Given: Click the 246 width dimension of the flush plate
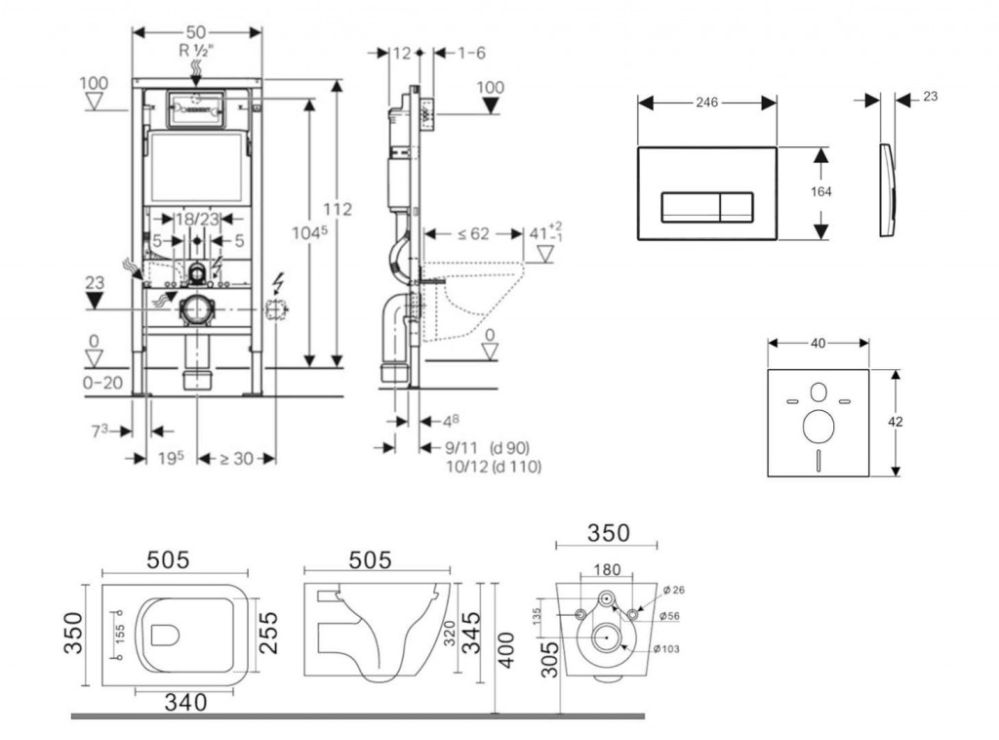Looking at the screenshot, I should click(707, 103).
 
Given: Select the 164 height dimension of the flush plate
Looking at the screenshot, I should click(820, 192).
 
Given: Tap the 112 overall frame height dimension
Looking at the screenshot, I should click(337, 209).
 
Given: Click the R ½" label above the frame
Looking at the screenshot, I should click(197, 50).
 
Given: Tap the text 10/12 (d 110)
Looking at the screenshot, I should click(493, 467).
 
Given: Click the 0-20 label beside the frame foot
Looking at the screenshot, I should click(102, 383).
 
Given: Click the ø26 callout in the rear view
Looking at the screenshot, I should click(673, 590).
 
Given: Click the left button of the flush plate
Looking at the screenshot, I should click(690, 207).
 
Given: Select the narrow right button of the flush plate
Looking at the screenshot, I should click(737, 207).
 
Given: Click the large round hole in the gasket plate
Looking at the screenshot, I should click(818, 427).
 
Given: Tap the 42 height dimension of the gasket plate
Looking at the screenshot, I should click(896, 422).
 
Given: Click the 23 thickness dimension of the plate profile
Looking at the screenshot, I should click(929, 98).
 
